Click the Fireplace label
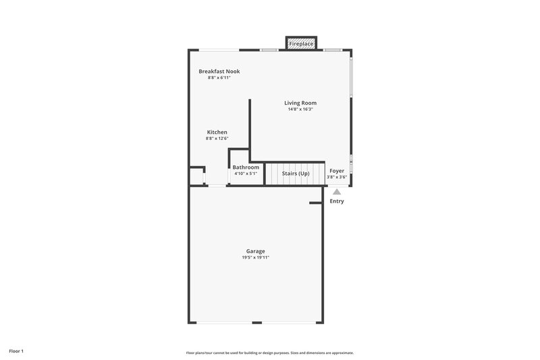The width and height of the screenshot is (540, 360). (301, 44)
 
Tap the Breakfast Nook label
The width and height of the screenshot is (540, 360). (219, 72)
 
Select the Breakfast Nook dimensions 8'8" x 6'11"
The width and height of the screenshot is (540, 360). (219, 78)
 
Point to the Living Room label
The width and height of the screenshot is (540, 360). (300, 103)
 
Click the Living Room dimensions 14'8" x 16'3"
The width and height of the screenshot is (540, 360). (300, 109)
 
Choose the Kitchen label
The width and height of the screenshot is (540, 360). (217, 132)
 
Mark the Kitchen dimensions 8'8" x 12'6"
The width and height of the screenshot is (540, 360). (217, 139)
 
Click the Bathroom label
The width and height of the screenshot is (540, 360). (246, 168)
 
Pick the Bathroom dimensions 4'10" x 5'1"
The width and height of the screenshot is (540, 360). (246, 174)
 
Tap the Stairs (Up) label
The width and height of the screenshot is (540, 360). (296, 173)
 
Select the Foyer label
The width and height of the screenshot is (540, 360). (336, 171)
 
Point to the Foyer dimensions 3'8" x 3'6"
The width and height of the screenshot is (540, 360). (336, 178)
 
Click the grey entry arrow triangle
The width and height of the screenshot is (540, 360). (337, 192)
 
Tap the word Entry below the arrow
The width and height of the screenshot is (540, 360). (337, 201)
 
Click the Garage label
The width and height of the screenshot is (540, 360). (255, 251)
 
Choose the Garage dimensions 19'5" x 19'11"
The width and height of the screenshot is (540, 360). (255, 258)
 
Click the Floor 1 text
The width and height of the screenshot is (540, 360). (16, 351)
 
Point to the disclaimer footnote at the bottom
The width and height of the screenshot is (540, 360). (270, 353)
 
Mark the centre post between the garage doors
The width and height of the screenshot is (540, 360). (256, 323)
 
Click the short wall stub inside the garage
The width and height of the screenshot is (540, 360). (315, 203)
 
